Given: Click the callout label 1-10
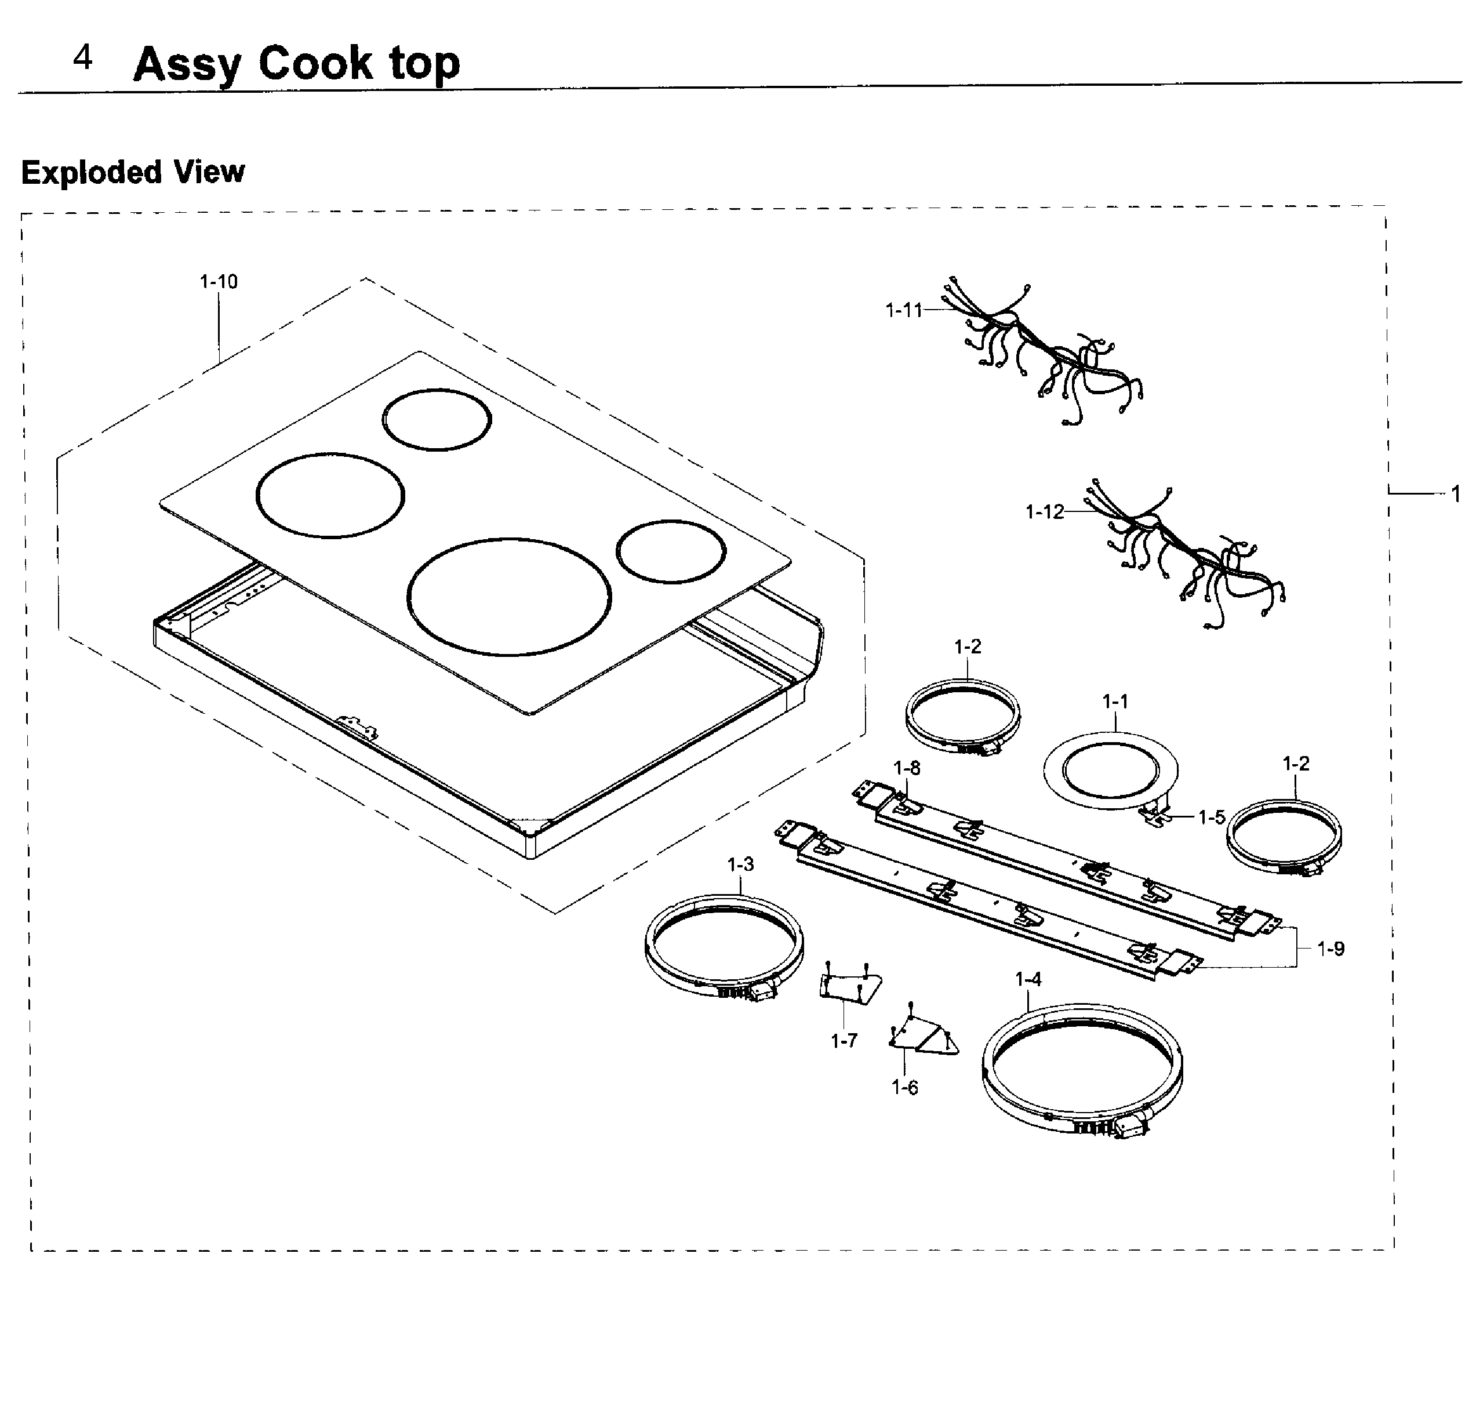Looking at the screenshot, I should pyautogui.click(x=218, y=282).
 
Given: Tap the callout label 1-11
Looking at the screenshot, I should pyautogui.click(x=904, y=310).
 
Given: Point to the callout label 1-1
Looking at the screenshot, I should pyautogui.click(x=1115, y=702).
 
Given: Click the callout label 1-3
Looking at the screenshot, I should pyautogui.click(x=740, y=864).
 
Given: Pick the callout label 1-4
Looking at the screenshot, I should pyautogui.click(x=1028, y=979).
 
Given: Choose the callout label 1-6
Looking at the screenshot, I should pyautogui.click(x=904, y=1088).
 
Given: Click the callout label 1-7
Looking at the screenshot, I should pyautogui.click(x=844, y=1040).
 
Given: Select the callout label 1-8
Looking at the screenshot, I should pyautogui.click(x=907, y=768).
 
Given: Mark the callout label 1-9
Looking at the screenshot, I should pyautogui.click(x=1330, y=949).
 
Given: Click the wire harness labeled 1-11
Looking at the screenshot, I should pyautogui.click(x=1049, y=353).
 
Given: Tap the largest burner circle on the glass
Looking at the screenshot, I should pyautogui.click(x=509, y=597).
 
